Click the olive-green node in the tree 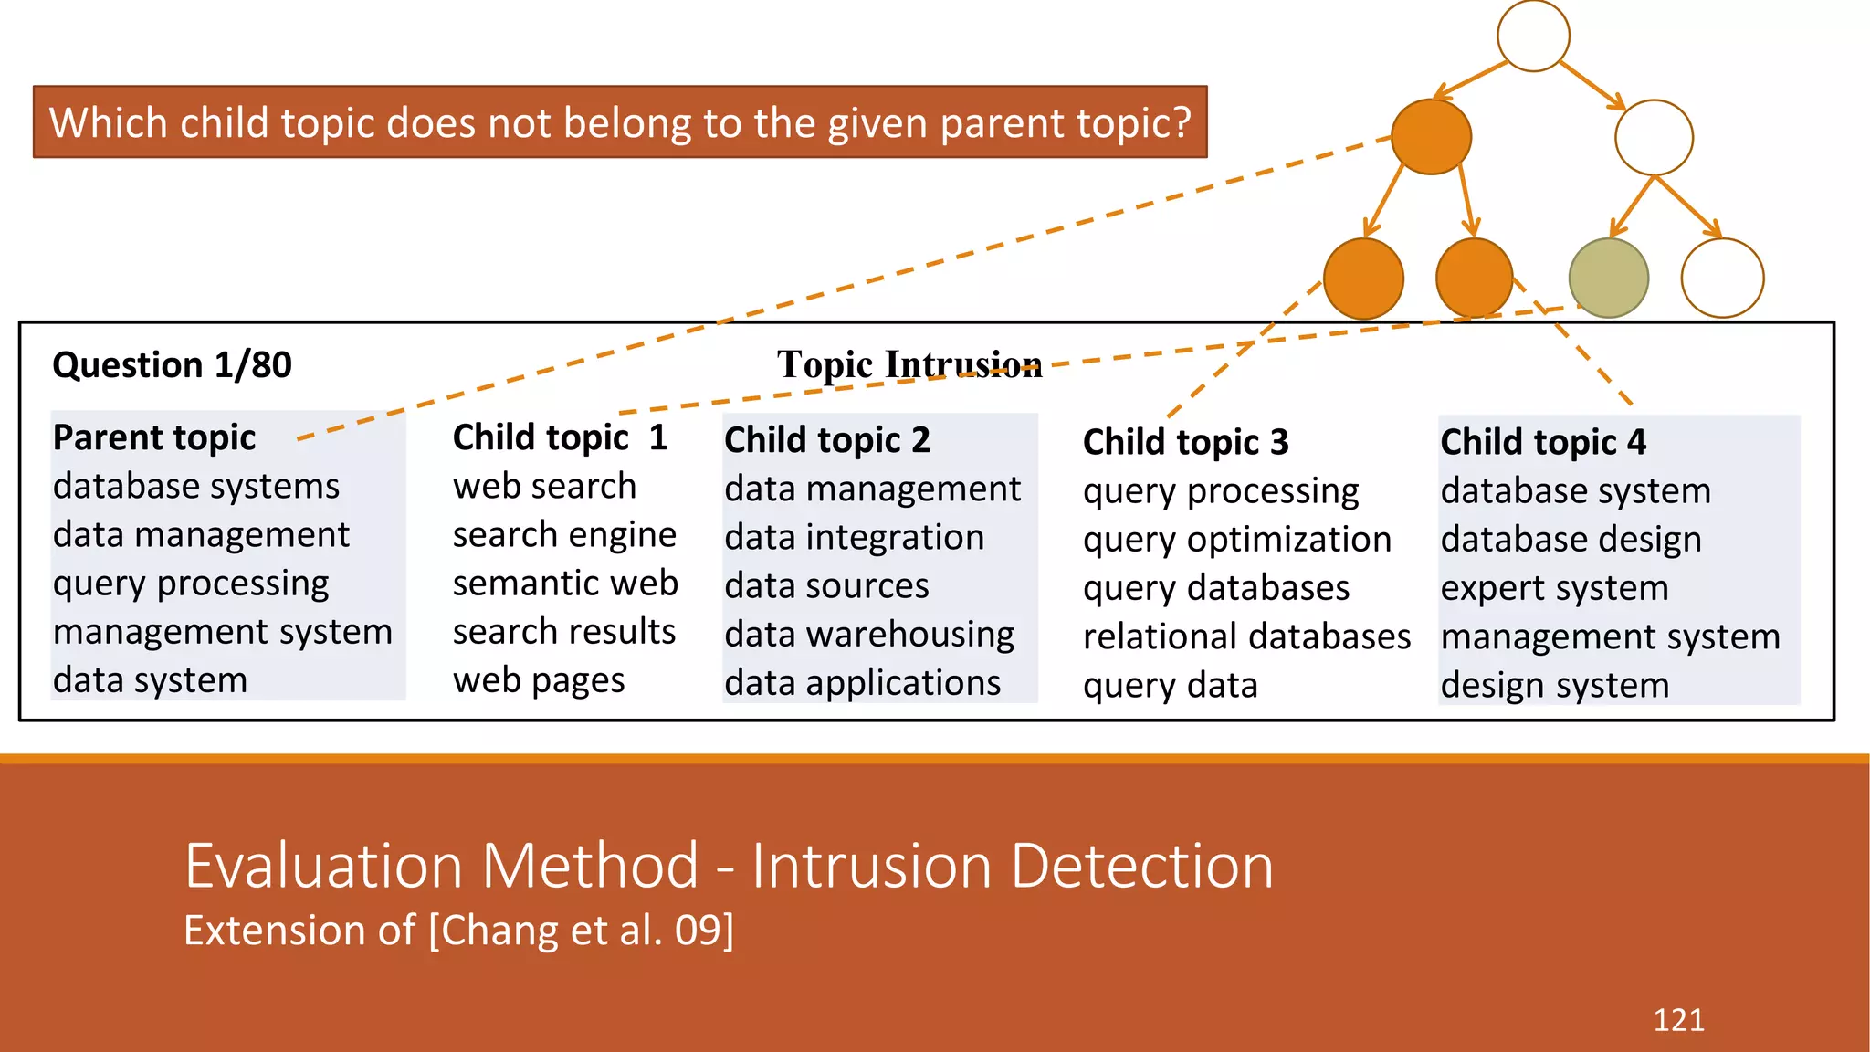pyautogui.click(x=1608, y=278)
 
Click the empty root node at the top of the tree pyautogui.click(x=1533, y=36)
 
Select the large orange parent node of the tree pyautogui.click(x=1431, y=137)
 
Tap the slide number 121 pyautogui.click(x=1678, y=1020)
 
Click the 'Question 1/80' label pyautogui.click(x=172, y=365)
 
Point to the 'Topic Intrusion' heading pyautogui.click(x=909, y=365)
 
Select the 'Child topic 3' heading pyautogui.click(x=1185, y=443)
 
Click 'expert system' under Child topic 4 pyautogui.click(x=1554, y=588)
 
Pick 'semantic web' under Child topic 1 pyautogui.click(x=565, y=584)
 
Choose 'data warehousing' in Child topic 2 pyautogui.click(x=869, y=635)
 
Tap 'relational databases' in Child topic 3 pyautogui.click(x=1246, y=637)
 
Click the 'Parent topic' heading pyautogui.click(x=154, y=437)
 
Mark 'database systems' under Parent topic pyautogui.click(x=196, y=487)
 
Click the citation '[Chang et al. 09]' pyautogui.click(x=581, y=931)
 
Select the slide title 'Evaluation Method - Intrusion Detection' pyautogui.click(x=729, y=866)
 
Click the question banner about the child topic pyautogui.click(x=620, y=122)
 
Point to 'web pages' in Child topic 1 pyautogui.click(x=539, y=681)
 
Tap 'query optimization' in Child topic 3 pyautogui.click(x=1236, y=541)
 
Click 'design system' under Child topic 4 pyautogui.click(x=1554, y=686)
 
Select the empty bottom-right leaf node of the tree pyautogui.click(x=1722, y=278)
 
